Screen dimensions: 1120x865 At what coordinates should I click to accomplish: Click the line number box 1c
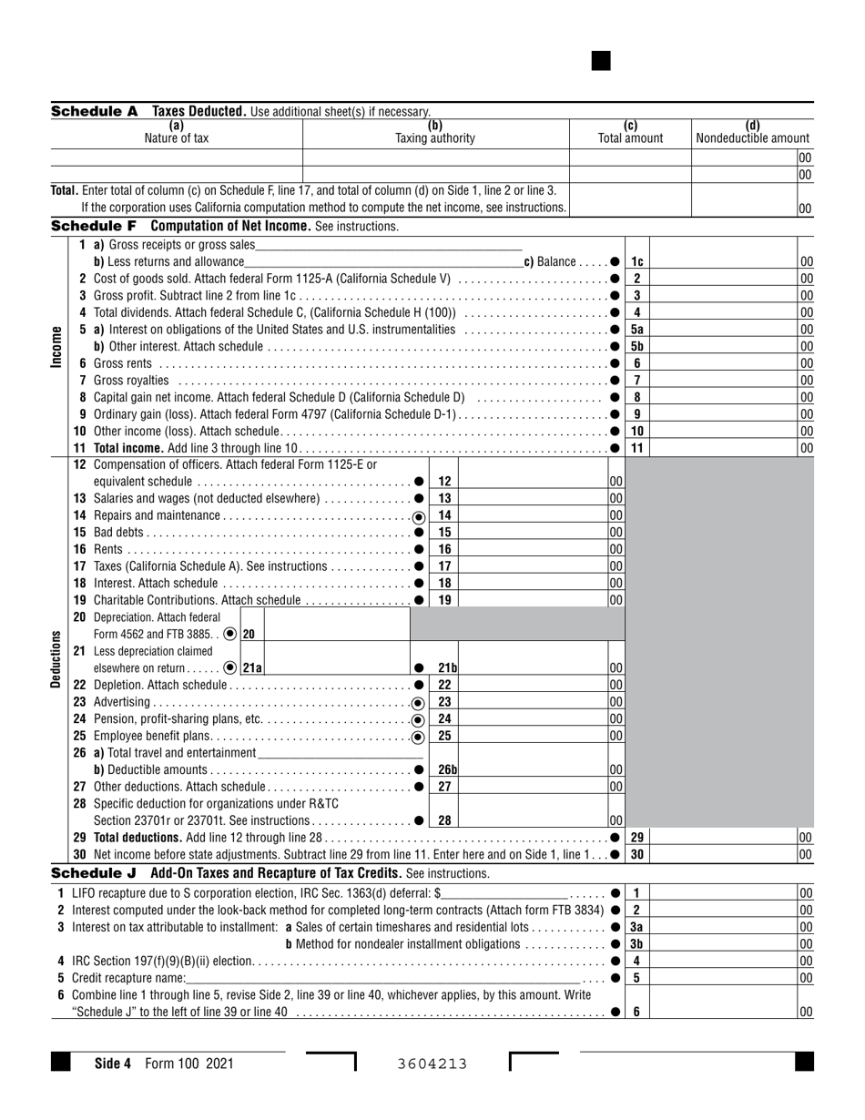click(x=637, y=262)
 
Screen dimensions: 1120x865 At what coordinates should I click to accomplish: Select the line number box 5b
click(x=637, y=346)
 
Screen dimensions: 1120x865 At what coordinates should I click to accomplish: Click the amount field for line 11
click(x=724, y=447)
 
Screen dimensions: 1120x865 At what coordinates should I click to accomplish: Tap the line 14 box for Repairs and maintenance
click(x=445, y=515)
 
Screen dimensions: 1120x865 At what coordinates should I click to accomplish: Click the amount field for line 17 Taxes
click(x=533, y=566)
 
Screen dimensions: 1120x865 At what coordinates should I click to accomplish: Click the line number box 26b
click(x=446, y=769)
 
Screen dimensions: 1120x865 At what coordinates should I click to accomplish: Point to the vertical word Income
click(x=56, y=346)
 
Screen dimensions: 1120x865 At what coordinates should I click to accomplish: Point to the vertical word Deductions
click(x=56, y=658)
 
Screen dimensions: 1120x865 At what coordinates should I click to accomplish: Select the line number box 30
click(x=637, y=854)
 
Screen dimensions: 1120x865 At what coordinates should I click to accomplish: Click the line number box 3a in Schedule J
click(x=637, y=927)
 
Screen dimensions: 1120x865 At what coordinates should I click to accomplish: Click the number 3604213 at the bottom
click(x=432, y=1063)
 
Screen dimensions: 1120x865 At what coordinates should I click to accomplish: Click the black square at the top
click(x=601, y=61)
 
